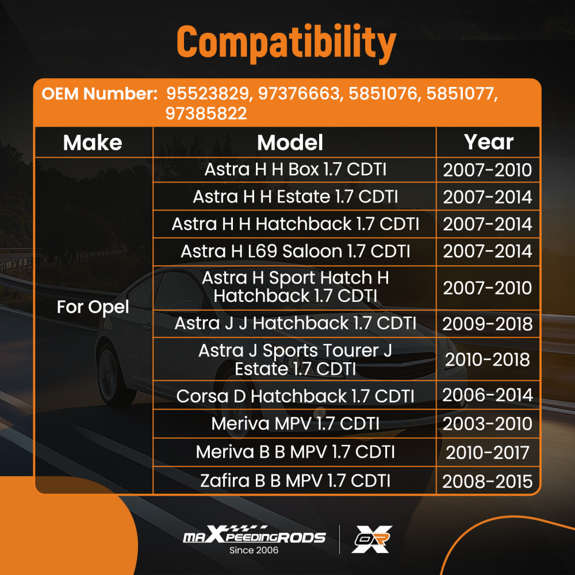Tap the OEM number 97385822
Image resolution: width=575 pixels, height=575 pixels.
pyautogui.click(x=206, y=113)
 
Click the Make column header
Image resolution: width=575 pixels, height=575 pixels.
pyautogui.click(x=93, y=142)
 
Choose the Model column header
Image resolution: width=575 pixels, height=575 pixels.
pyautogui.click(x=290, y=142)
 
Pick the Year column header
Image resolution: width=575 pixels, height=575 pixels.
pyautogui.click(x=488, y=142)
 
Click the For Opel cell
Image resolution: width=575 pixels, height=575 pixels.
pyautogui.click(x=93, y=307)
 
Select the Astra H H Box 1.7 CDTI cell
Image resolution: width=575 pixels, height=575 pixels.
pyautogui.click(x=295, y=170)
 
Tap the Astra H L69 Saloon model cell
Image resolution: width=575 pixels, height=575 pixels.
pyautogui.click(x=295, y=251)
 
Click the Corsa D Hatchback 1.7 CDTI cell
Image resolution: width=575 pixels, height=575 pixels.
pyautogui.click(x=295, y=396)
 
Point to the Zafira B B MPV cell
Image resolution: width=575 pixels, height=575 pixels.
pyautogui.click(x=295, y=481)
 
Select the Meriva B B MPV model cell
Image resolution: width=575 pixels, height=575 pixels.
pyautogui.click(x=295, y=452)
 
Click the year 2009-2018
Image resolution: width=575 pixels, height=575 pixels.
pyautogui.click(x=488, y=324)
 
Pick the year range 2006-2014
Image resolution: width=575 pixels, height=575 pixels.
pyautogui.click(x=488, y=395)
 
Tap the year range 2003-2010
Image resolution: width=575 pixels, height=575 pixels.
pyautogui.click(x=488, y=424)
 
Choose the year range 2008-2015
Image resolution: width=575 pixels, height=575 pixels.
pyautogui.click(x=488, y=481)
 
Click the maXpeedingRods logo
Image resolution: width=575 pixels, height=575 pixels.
pyautogui.click(x=254, y=534)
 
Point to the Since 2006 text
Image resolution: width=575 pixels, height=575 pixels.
pyautogui.click(x=254, y=550)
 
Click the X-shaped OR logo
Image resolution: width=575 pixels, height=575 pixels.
pyautogui.click(x=372, y=539)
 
